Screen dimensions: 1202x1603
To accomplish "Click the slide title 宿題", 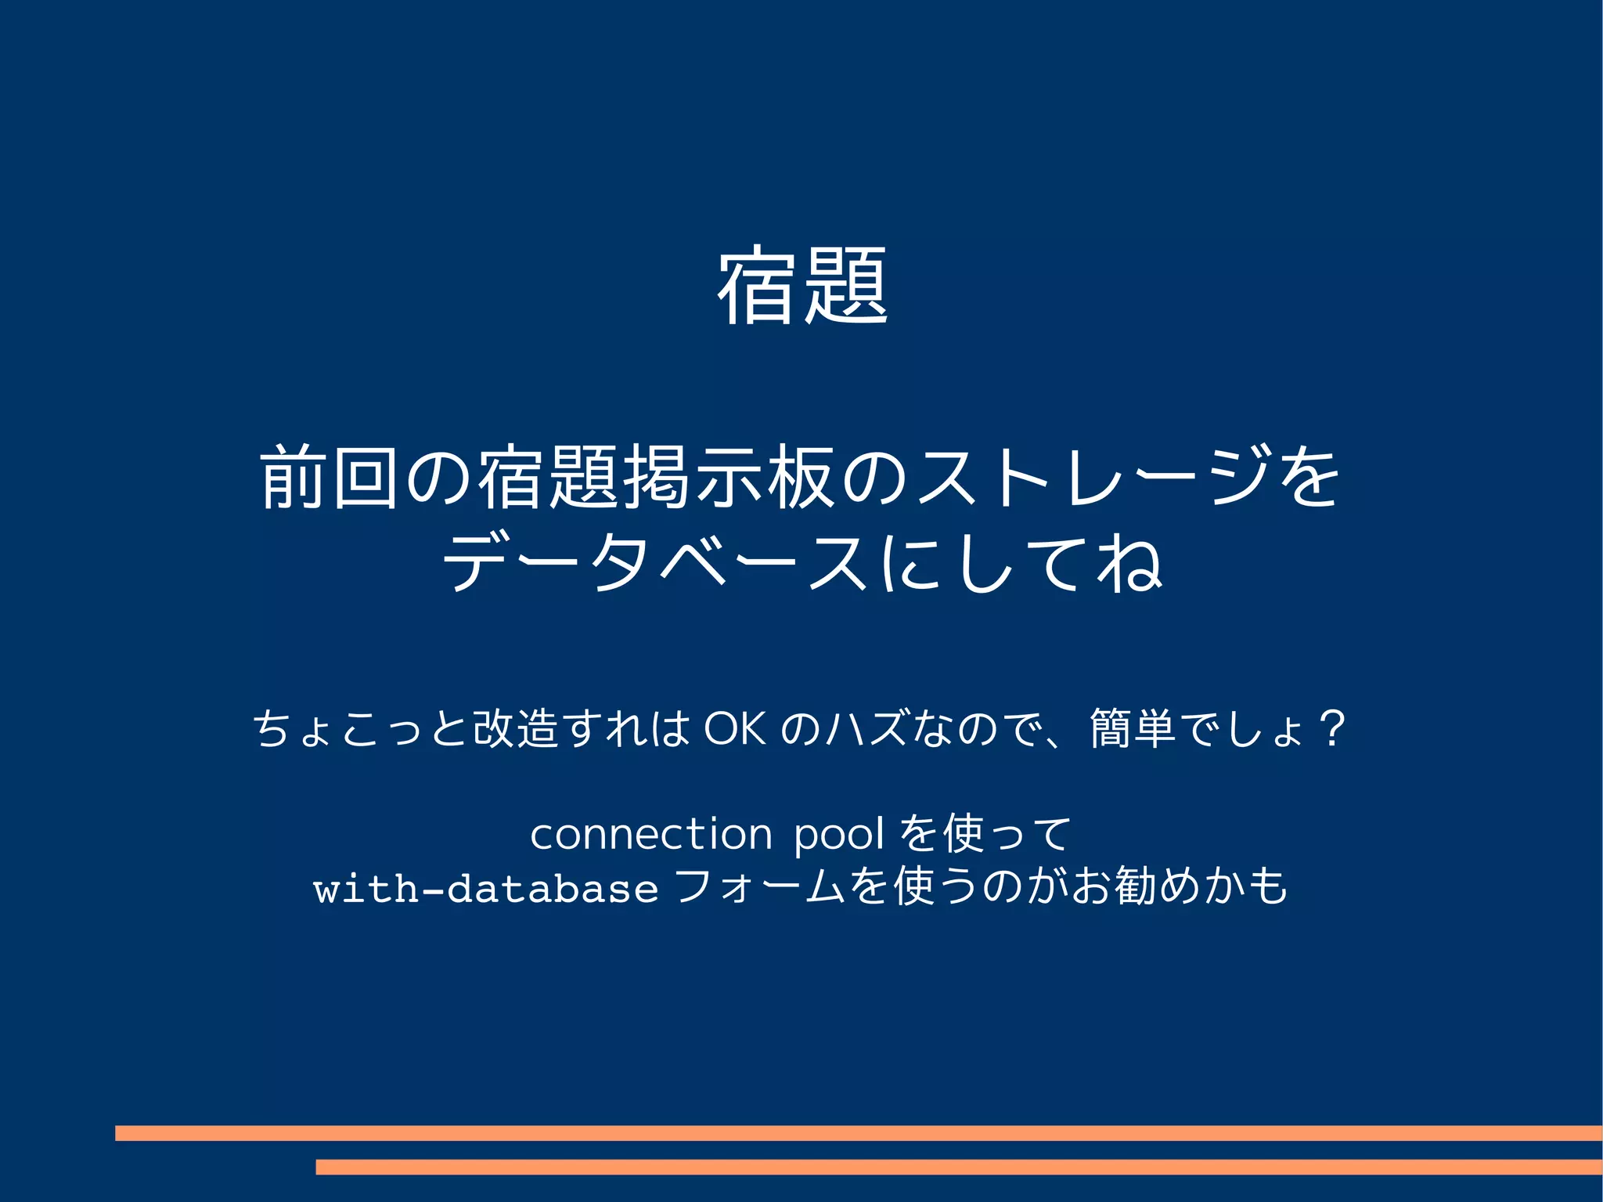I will pyautogui.click(x=802, y=285).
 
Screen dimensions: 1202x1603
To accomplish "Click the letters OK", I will pyautogui.click(x=733, y=728).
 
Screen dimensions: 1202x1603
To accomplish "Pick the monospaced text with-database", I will pyautogui.click(x=485, y=890).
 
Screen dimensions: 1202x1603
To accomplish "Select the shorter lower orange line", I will pyautogui.click(x=958, y=1167).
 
